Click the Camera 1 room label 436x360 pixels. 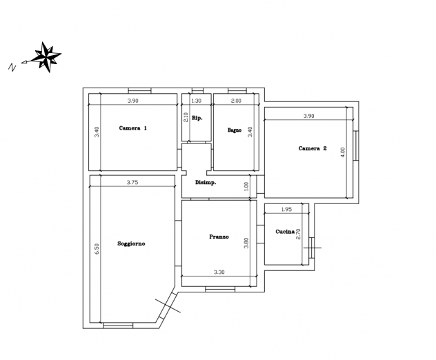pos(133,128)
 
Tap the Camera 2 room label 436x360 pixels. pos(313,148)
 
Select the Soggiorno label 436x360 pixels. pos(131,244)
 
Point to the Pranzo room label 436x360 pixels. pos(219,237)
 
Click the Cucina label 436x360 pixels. pos(285,232)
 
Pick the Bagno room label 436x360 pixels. pos(235,130)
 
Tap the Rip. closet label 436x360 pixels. pos(197,118)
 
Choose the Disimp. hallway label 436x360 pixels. pos(206,183)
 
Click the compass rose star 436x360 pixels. pos(46,57)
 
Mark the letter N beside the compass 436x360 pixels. pos(12,68)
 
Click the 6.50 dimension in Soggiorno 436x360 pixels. pos(97,249)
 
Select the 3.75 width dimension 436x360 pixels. pos(132,182)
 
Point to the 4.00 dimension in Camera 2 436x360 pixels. pos(343,152)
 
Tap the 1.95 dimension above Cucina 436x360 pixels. pos(286,210)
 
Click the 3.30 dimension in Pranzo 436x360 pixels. pos(219,272)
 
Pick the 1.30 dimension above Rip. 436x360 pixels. pos(197,101)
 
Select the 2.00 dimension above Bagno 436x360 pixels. pos(236,101)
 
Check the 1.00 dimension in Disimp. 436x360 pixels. pos(246,186)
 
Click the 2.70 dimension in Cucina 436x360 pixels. pos(298,234)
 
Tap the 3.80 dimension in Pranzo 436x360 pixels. pos(246,243)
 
